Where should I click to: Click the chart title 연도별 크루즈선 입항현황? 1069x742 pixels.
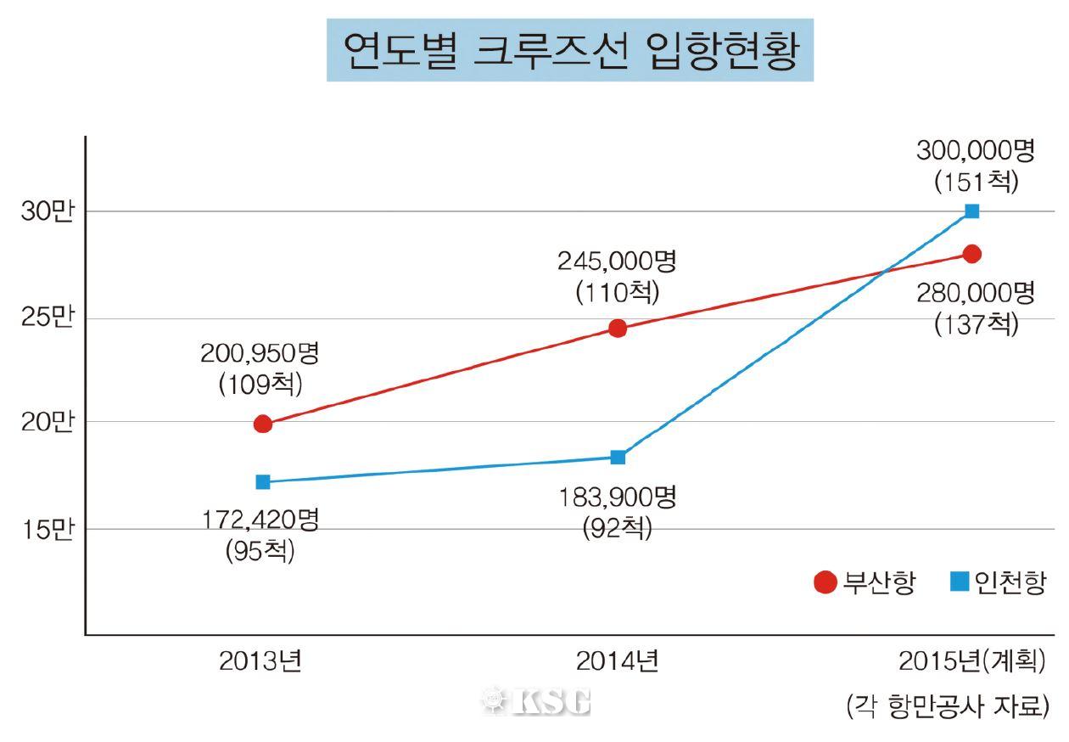click(569, 51)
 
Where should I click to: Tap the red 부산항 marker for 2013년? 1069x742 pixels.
click(263, 424)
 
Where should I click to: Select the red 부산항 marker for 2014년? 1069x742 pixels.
click(618, 329)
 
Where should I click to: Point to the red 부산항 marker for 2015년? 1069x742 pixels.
click(972, 254)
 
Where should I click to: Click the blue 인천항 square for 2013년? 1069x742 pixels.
click(263, 482)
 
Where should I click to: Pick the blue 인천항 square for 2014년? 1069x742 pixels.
click(618, 458)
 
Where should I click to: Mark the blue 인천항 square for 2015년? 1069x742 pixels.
click(972, 211)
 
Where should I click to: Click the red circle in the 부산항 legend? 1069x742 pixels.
click(825, 583)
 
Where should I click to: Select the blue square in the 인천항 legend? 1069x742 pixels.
click(960, 582)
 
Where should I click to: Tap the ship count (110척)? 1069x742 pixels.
click(617, 293)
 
